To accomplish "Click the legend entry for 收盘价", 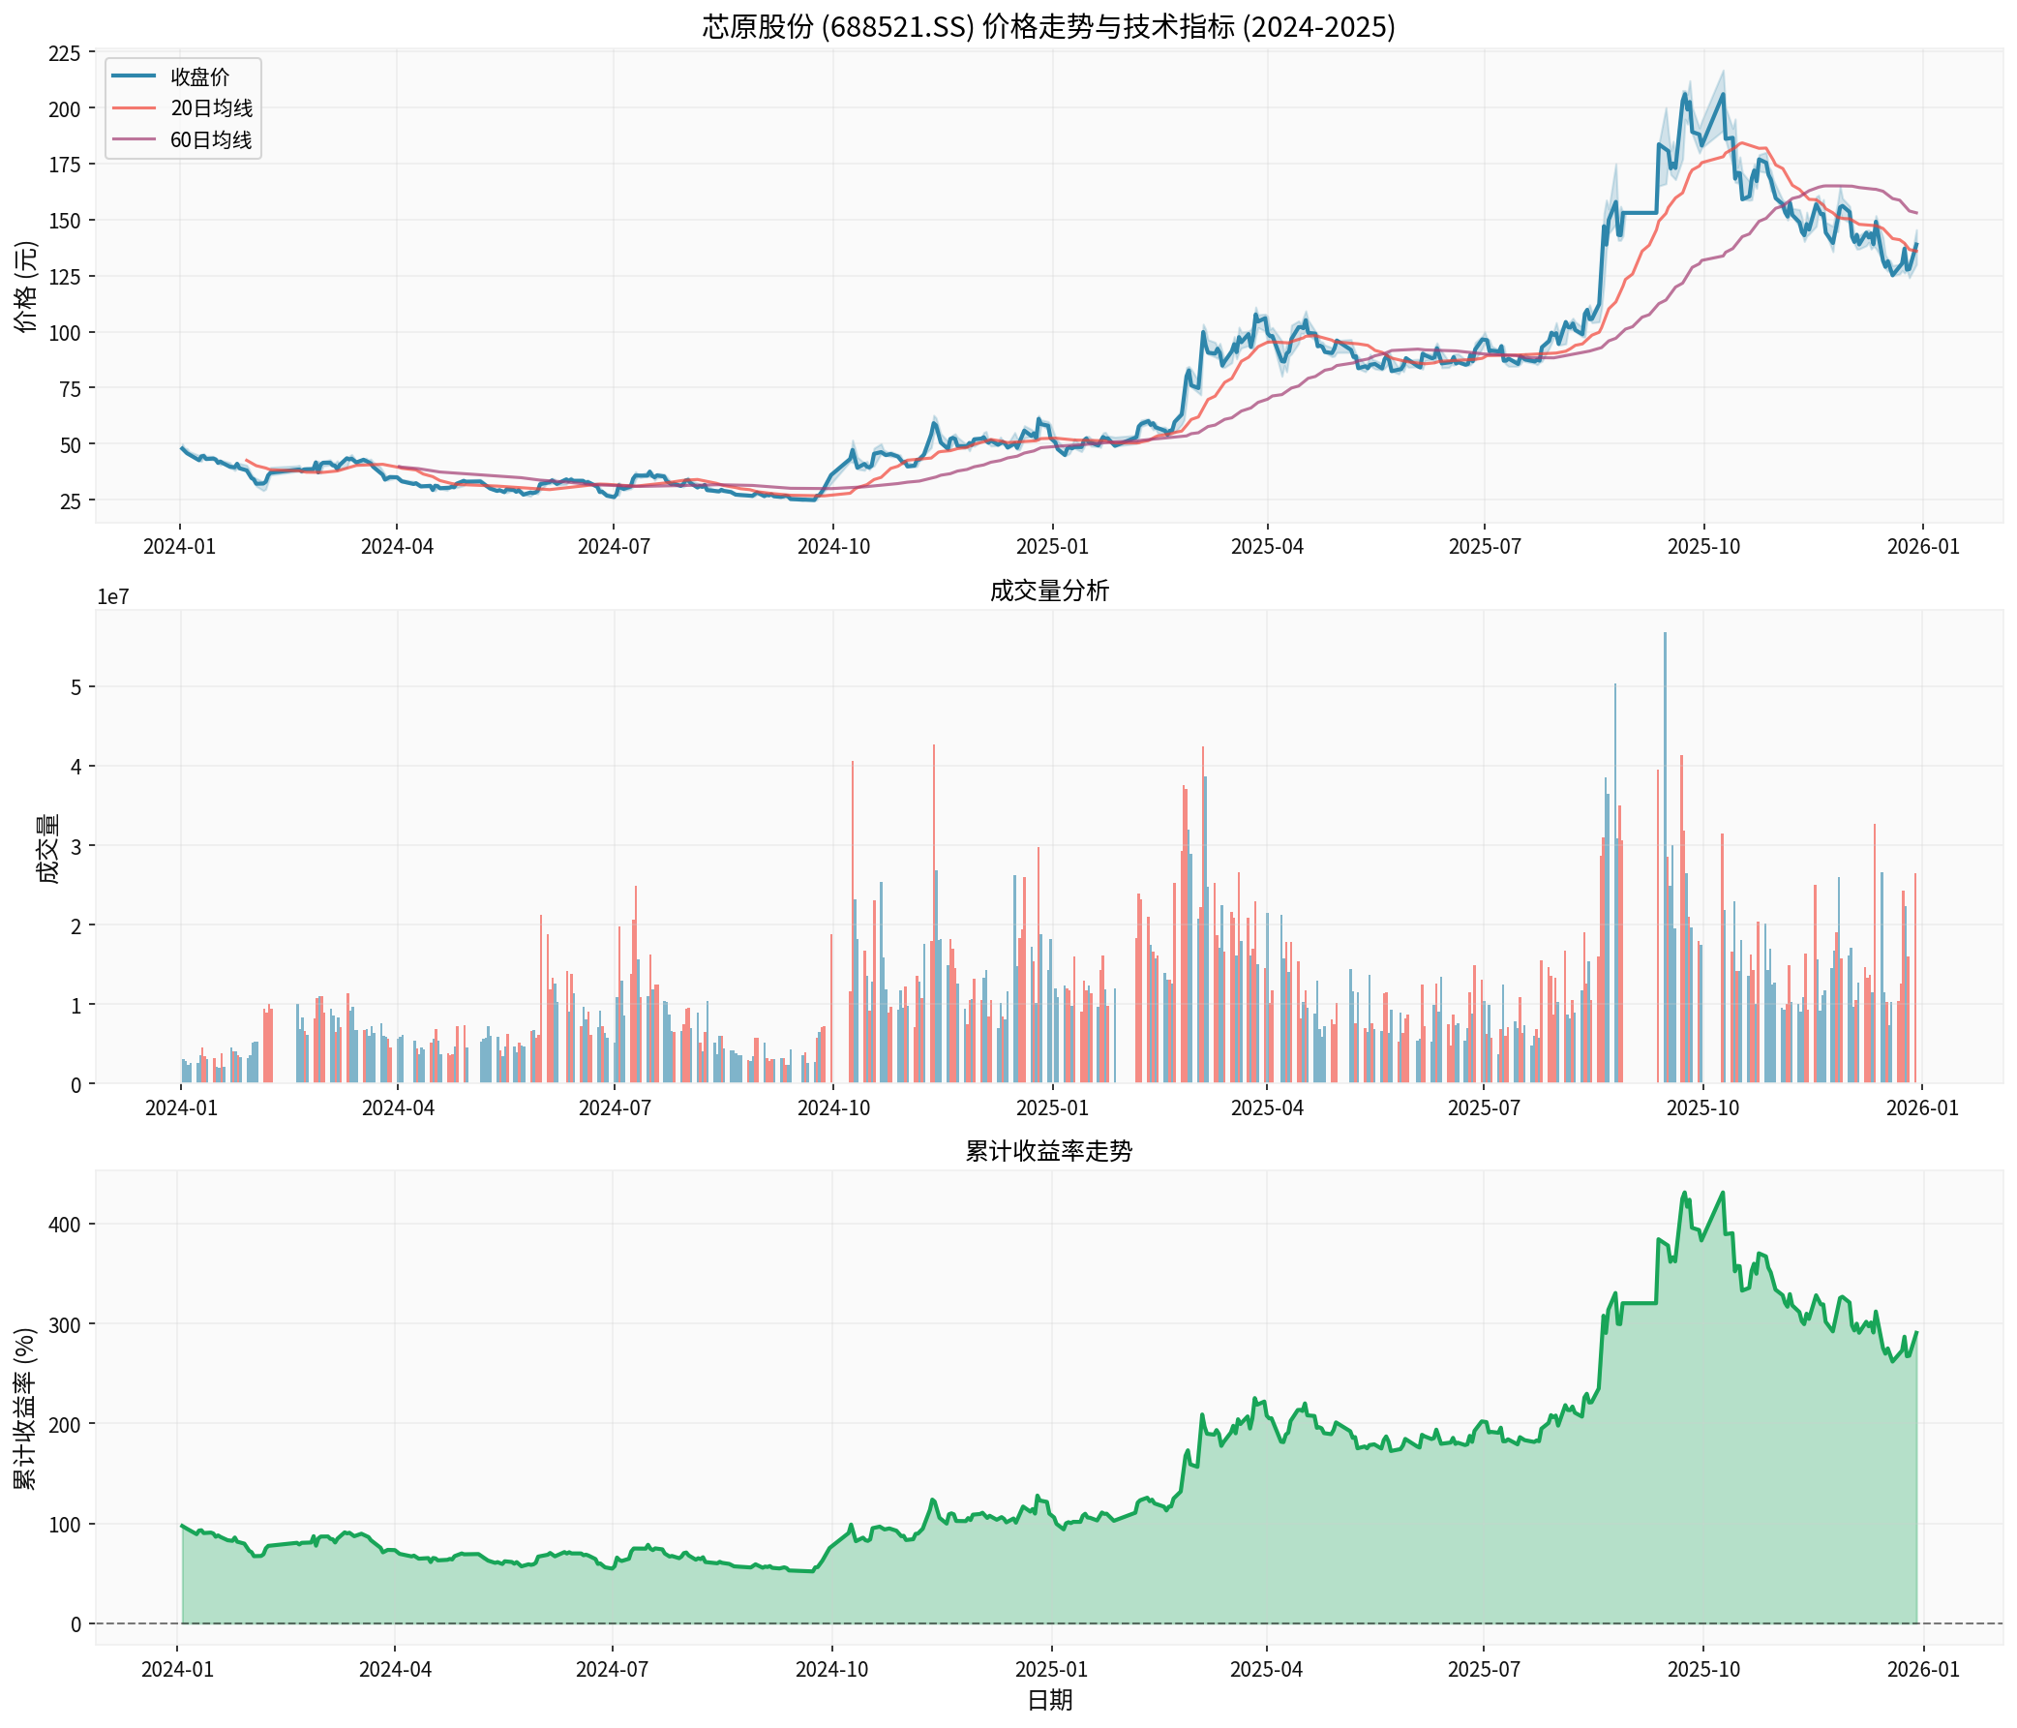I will [x=199, y=76].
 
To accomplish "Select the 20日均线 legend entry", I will [x=211, y=108].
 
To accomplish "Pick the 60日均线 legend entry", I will [x=211, y=140].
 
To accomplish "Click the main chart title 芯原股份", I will [x=1048, y=26].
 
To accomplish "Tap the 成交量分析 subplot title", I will [x=1048, y=591].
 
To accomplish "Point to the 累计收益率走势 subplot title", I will [x=1048, y=1151].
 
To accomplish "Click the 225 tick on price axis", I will [x=64, y=52].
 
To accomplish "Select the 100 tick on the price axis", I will [x=64, y=333].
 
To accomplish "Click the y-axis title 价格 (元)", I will [x=26, y=288].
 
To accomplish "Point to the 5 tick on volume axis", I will [x=75, y=687].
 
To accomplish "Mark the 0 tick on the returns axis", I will [x=75, y=1623].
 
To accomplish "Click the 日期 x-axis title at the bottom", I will [x=1048, y=1700].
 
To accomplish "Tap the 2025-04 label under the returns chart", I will [x=1266, y=1669].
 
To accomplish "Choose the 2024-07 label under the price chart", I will [x=614, y=546].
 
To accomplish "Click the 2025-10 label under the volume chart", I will [x=1702, y=1108].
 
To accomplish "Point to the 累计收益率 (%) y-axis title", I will [x=26, y=1407].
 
